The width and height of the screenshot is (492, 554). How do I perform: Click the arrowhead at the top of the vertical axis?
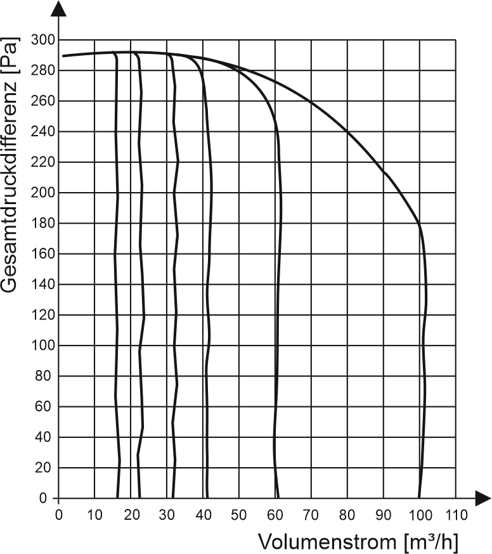coord(58,9)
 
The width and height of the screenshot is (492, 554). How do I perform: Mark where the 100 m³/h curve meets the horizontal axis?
coord(418,498)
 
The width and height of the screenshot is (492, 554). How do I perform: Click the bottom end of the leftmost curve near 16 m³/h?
coord(117,498)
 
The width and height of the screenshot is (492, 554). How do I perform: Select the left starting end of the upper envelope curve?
coord(63,56)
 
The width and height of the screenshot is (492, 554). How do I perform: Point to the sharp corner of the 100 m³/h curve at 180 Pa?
coord(419,223)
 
